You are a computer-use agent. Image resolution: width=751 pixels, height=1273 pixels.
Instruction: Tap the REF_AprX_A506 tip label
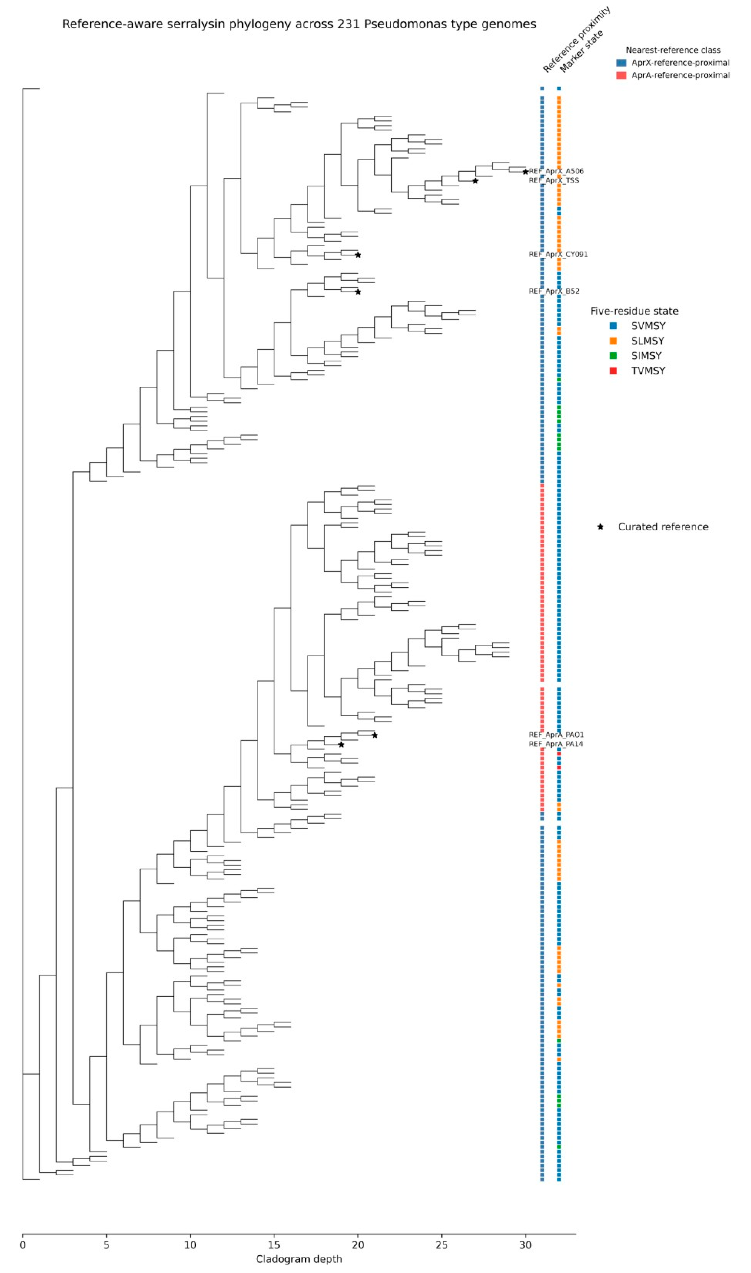556,171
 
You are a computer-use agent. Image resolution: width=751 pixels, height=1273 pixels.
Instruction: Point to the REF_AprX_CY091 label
558,254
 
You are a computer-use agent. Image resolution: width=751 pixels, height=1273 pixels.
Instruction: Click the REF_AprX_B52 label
554,291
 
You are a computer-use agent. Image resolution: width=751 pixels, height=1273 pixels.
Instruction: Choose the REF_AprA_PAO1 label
556,735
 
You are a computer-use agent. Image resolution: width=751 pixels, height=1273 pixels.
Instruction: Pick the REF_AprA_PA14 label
556,744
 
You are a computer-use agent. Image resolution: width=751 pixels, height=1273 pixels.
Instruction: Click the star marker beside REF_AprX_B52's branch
358,292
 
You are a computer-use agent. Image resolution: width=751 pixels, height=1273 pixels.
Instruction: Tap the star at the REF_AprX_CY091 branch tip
358,255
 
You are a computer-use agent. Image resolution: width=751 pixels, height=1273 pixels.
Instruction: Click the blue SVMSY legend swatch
613,325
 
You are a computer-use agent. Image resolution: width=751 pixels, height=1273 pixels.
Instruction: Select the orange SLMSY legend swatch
613,341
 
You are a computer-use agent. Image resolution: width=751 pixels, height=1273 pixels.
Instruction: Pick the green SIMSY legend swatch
613,355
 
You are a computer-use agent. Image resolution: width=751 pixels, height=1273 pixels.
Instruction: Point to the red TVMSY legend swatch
613,371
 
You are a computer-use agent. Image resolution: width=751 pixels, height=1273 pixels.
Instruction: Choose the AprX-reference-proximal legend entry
673,63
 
